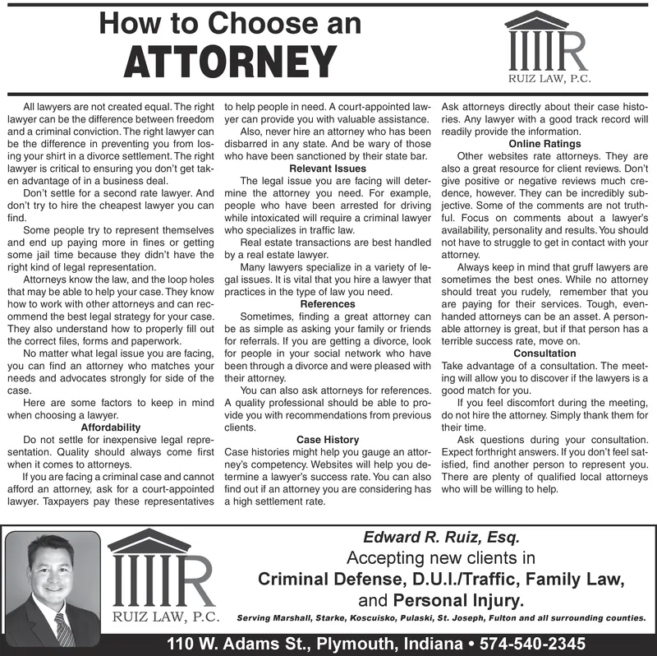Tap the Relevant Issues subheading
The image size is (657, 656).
[328, 169]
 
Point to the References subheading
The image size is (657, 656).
[328, 304]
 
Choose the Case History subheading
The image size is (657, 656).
[328, 440]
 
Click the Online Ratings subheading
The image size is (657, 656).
[545, 145]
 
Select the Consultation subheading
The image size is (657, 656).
[545, 353]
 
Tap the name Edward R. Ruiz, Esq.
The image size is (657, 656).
[441, 539]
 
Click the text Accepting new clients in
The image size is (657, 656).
[441, 559]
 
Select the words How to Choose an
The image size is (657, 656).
[230, 24]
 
